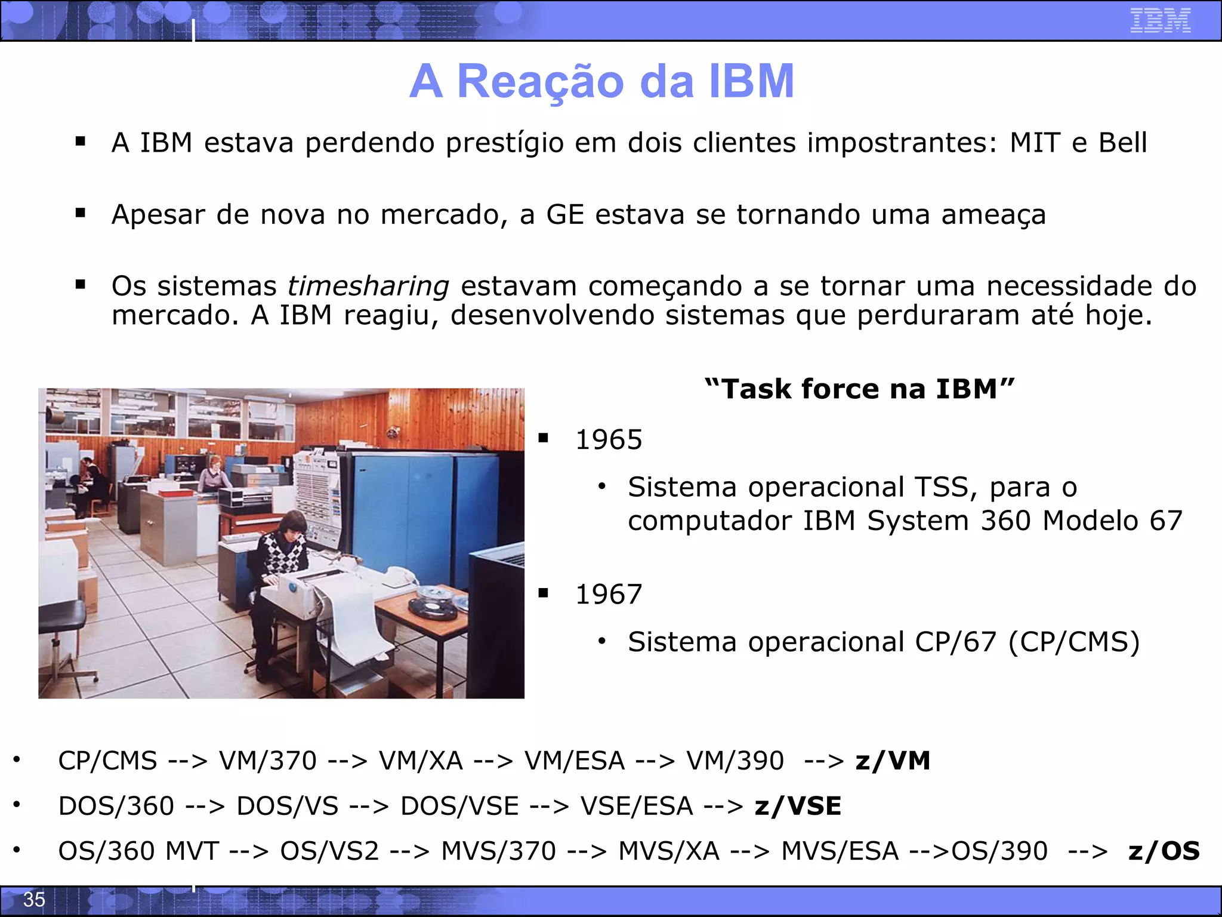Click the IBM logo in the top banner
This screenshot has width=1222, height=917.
(x=1160, y=21)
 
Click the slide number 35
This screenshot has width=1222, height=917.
(x=34, y=899)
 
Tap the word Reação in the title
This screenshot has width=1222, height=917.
(x=540, y=81)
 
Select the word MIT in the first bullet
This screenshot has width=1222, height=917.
(x=1035, y=143)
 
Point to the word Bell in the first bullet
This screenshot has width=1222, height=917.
(x=1123, y=143)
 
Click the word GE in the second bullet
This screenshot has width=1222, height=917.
(x=564, y=215)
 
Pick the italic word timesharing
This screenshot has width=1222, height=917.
(x=368, y=287)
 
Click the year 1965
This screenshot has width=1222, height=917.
(x=609, y=440)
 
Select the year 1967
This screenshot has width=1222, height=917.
(x=609, y=595)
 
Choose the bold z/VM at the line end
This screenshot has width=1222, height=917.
(x=893, y=761)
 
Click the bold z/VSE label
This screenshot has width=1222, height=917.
(x=798, y=807)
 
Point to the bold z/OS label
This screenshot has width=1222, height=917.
(x=1164, y=851)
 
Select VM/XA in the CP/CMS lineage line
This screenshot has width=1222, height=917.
(x=421, y=761)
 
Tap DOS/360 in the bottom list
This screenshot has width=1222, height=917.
(x=116, y=807)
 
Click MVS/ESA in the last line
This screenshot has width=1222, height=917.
(x=840, y=851)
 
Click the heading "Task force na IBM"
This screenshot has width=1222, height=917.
(x=859, y=389)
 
